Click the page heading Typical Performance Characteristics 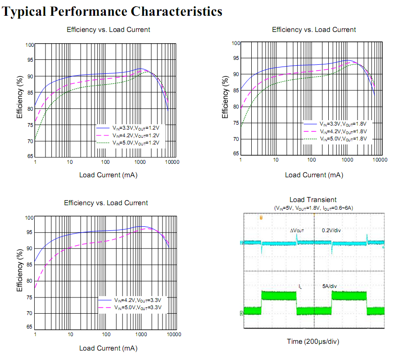point(113,11)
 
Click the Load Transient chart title point(313,200)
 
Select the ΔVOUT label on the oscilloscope point(297,230)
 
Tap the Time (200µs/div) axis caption point(313,342)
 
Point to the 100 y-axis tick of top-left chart point(30,45)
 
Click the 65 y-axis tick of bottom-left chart point(30,327)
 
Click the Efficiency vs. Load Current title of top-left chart point(108,30)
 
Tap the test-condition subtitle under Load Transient point(313,208)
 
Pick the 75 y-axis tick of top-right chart point(236,123)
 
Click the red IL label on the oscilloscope point(300,286)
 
